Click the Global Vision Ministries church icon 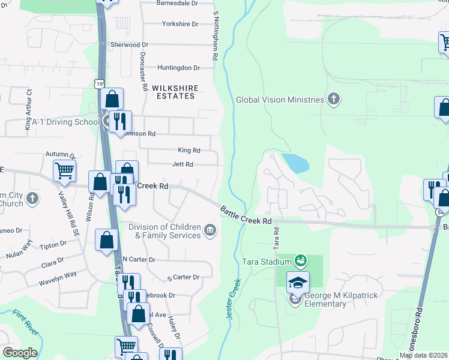pyautogui.click(x=334, y=100)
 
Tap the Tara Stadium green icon pyautogui.click(x=301, y=261)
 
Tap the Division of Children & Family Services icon pyautogui.click(x=210, y=230)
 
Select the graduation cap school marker pyautogui.click(x=298, y=281)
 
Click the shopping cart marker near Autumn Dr pyautogui.click(x=64, y=170)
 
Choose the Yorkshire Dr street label pyautogui.click(x=180, y=24)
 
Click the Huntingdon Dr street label pyautogui.click(x=179, y=68)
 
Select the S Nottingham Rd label pyautogui.click(x=214, y=35)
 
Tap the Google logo pyautogui.click(x=20, y=353)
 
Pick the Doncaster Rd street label pyautogui.click(x=143, y=70)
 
